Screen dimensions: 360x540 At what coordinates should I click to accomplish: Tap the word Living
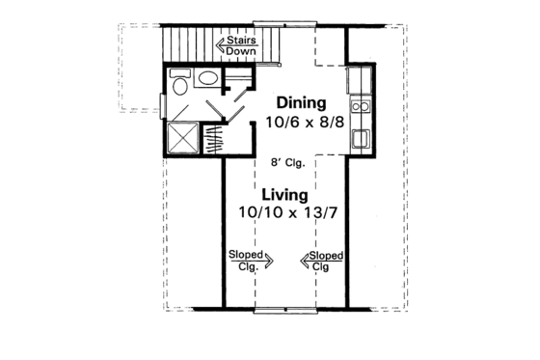(x=284, y=193)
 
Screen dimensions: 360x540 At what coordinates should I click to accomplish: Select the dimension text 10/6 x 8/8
(x=301, y=123)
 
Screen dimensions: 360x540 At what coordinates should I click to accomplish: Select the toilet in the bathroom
(x=180, y=85)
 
